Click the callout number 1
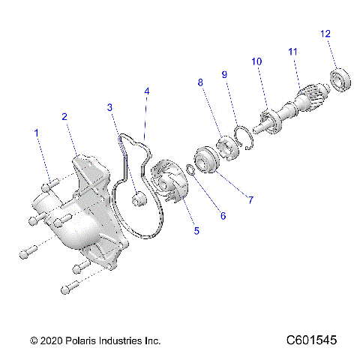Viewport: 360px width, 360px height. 35,133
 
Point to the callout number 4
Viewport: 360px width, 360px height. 147,91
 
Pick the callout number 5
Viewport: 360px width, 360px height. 196,230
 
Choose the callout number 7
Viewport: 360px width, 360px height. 250,199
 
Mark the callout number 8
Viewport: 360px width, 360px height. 201,83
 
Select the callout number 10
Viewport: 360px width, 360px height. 256,61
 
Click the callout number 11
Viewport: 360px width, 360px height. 292,51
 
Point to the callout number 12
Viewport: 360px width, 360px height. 324,34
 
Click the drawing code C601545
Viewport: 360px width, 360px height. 311,340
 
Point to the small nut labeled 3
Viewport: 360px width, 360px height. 137,199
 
